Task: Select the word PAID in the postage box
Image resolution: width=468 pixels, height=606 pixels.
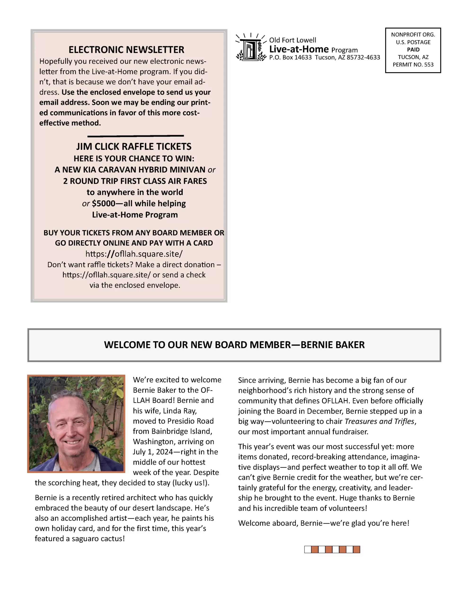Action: [x=413, y=50]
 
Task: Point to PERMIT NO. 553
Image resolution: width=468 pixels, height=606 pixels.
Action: [x=413, y=65]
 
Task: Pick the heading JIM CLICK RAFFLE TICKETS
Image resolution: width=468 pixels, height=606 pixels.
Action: [x=134, y=147]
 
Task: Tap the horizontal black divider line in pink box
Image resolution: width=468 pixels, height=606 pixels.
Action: [x=135, y=136]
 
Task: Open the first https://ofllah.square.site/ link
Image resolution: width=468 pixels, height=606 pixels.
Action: [x=134, y=254]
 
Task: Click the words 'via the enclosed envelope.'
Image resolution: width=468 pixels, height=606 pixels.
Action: [x=135, y=285]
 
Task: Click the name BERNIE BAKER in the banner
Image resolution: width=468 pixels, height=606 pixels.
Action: [x=332, y=345]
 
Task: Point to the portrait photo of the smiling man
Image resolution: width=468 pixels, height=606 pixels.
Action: [x=76, y=424]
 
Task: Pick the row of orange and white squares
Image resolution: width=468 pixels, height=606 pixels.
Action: [x=332, y=550]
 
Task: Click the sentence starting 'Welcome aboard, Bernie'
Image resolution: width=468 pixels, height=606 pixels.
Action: [x=323, y=523]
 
